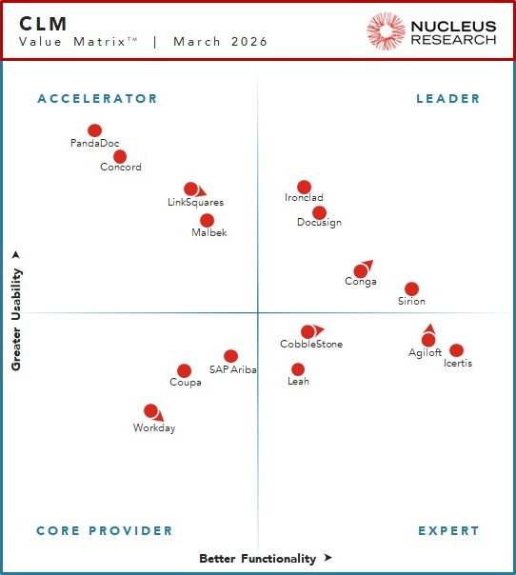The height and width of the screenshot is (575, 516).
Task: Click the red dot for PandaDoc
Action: click(94, 130)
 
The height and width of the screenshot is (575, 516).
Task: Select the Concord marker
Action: click(120, 156)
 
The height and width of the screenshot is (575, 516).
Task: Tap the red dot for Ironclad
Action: click(304, 187)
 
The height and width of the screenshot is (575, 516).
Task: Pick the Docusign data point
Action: click(319, 212)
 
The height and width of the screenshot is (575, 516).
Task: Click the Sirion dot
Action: click(411, 288)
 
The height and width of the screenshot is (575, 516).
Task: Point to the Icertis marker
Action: click(457, 350)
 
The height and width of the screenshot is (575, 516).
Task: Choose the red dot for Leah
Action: click(298, 369)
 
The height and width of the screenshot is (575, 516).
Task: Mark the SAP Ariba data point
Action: click(230, 356)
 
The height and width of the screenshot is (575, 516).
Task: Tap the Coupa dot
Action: click(184, 370)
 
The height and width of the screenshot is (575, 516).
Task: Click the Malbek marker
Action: click(207, 220)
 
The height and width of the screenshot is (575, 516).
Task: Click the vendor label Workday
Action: click(154, 427)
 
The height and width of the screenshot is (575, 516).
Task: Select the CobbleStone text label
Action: click(311, 344)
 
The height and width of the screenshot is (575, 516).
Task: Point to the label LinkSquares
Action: click(195, 202)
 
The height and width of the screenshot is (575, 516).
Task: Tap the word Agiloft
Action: click(425, 352)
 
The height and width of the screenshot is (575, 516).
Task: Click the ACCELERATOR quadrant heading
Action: click(97, 98)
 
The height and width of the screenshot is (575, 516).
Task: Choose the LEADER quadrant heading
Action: click(448, 98)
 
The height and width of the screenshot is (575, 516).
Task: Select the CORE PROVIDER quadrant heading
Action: click(105, 530)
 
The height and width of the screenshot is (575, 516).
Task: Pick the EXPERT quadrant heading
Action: click(448, 530)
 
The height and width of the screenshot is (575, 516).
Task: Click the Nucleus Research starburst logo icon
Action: click(386, 30)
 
